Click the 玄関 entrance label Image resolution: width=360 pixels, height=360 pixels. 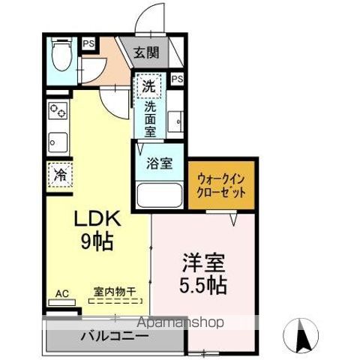147,52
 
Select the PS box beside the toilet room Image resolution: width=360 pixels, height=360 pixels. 88,45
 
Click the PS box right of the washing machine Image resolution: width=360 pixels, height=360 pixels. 178,78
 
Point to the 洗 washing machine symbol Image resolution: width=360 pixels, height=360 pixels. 148,86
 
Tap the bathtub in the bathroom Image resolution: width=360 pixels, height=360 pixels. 159,197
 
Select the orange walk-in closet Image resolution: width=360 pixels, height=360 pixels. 222,184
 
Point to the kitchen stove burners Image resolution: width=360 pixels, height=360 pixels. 57,112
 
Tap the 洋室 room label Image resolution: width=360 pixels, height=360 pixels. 202,264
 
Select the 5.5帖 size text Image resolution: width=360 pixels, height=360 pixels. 204,286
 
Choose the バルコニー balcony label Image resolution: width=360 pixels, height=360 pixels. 114,336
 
